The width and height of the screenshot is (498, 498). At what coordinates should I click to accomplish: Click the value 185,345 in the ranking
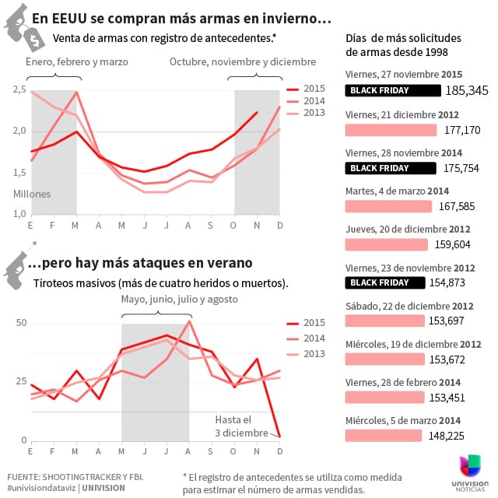[x=467, y=90]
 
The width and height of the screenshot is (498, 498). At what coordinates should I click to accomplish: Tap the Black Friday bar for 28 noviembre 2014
[x=391, y=168]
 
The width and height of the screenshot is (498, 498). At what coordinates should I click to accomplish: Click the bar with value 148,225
[x=384, y=435]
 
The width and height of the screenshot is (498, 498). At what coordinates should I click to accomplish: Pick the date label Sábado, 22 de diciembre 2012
[x=409, y=306]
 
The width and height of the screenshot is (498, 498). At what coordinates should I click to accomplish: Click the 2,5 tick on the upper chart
[x=19, y=91]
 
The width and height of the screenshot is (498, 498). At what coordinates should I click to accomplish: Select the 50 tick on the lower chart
[x=21, y=324]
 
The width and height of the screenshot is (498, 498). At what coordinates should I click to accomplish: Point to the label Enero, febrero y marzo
[x=76, y=61]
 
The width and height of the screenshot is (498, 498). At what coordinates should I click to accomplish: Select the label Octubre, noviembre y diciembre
[x=243, y=61]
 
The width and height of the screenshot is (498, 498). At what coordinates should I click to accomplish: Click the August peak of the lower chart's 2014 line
[x=190, y=321]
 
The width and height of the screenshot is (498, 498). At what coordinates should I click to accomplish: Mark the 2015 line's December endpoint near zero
[x=279, y=437]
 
